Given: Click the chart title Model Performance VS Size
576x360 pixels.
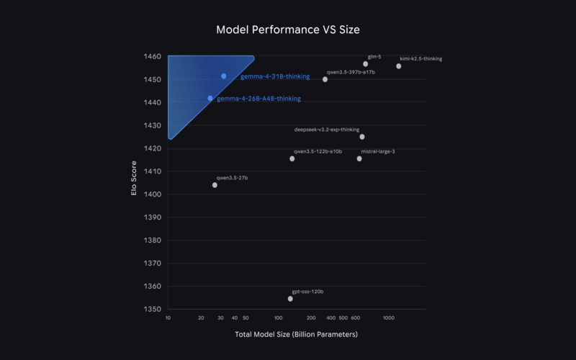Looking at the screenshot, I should click(x=287, y=30).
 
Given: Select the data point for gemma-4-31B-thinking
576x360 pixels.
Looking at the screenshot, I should click(x=224, y=76).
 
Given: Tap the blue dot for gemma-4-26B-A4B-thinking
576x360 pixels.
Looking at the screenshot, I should click(x=210, y=98).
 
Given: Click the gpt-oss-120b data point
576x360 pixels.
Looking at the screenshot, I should click(x=290, y=298).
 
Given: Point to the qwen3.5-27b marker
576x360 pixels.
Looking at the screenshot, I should click(x=215, y=185).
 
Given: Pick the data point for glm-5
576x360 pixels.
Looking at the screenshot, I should click(x=366, y=64).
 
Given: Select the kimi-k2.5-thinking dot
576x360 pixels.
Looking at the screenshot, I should click(x=399, y=66).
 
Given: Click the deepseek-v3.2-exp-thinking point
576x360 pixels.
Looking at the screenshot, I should click(x=362, y=137).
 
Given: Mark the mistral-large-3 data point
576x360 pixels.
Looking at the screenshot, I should click(x=359, y=158).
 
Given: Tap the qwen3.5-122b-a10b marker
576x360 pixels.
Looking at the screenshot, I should click(x=292, y=158).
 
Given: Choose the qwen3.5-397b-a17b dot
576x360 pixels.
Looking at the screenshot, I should click(x=325, y=79).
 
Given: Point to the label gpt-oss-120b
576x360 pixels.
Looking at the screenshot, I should click(x=307, y=291).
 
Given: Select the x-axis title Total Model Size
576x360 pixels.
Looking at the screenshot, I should click(x=296, y=334).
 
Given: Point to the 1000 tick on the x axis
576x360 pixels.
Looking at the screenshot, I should click(x=388, y=318).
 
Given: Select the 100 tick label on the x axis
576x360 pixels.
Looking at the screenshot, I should click(x=279, y=318).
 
